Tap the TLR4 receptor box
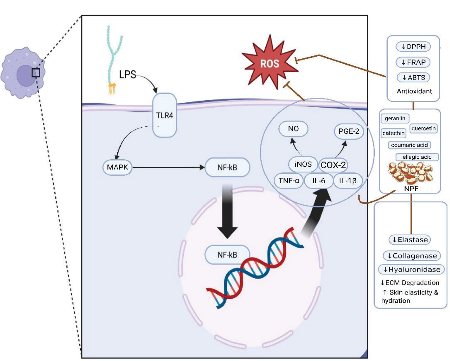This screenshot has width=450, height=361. click(x=165, y=115)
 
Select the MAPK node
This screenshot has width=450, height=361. click(x=117, y=167)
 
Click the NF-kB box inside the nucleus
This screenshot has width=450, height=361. click(x=227, y=255)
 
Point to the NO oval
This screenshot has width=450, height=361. click(x=293, y=129)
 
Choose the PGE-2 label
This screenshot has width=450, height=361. click(x=349, y=131)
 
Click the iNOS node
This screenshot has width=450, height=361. click(x=303, y=164)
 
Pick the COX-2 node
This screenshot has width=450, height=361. click(x=333, y=165)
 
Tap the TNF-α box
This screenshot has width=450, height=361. click(x=288, y=180)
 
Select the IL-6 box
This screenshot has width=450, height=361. click(x=319, y=181)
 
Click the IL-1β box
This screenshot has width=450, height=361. click(x=348, y=181)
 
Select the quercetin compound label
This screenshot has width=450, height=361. click(x=424, y=129)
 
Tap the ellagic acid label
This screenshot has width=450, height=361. click(x=417, y=157)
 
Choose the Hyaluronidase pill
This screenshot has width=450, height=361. click(x=411, y=269)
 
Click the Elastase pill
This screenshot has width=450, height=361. click(x=410, y=240)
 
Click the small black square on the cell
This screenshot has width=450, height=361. click(x=36, y=73)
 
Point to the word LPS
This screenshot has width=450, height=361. click(x=127, y=74)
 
